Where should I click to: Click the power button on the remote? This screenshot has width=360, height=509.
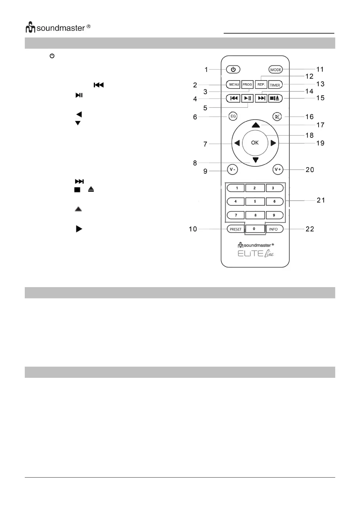(233, 70)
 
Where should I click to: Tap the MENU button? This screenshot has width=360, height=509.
(233, 85)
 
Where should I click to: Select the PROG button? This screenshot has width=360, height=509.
(247, 85)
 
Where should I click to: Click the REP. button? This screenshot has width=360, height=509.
(261, 85)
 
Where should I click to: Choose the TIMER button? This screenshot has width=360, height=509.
(275, 85)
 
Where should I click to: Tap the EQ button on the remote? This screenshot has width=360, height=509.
(233, 116)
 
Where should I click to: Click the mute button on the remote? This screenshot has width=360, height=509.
(277, 117)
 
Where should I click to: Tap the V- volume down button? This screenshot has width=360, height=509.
(232, 170)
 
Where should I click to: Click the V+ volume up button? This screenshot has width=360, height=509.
(277, 170)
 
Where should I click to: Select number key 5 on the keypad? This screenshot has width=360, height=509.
(255, 201)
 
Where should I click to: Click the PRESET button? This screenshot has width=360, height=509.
(235, 229)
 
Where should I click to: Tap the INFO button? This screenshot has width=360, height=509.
(274, 229)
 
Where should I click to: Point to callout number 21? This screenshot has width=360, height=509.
(321, 200)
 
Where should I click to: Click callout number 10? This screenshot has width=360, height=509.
(193, 229)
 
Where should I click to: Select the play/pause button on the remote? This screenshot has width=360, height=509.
(247, 98)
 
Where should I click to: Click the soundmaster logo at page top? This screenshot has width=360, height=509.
(58, 28)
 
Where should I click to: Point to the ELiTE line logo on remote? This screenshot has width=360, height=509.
(256, 254)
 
